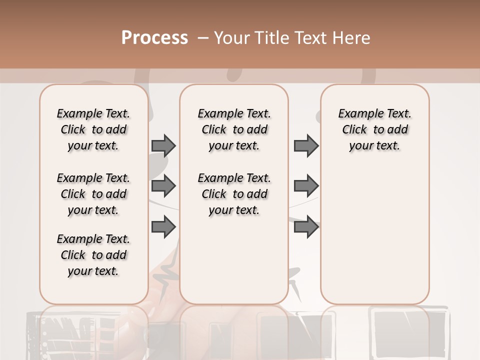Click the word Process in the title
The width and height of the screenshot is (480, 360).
tap(154, 38)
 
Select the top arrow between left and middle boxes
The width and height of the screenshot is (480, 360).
tap(163, 145)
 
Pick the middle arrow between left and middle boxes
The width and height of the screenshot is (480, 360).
tap(163, 186)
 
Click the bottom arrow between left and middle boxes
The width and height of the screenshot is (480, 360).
tap(163, 226)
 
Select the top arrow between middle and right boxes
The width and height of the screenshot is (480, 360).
tap(306, 145)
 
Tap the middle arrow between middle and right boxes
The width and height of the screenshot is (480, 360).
tap(306, 186)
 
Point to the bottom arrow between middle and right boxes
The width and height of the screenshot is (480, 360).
tap(306, 226)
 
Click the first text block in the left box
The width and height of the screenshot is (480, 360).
tap(93, 129)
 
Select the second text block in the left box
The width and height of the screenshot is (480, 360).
tap(93, 194)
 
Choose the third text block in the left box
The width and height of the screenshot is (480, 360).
tap(93, 255)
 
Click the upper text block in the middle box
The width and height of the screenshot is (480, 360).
tap(234, 129)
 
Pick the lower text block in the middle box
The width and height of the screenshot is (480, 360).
tap(234, 194)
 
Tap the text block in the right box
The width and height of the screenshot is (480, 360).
tap(374, 129)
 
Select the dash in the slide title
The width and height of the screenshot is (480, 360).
tap(202, 38)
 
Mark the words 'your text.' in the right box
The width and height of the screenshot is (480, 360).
tap(374, 146)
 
